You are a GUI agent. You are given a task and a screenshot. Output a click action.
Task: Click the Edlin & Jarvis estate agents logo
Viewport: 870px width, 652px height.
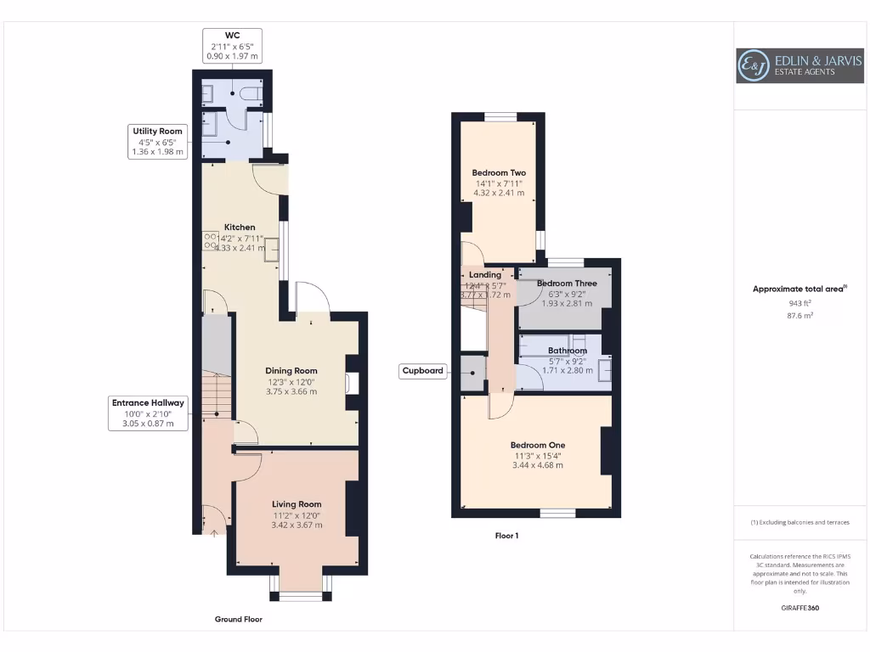pyautogui.click(x=799, y=65)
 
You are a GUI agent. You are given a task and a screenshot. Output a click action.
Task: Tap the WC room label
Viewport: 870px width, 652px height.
pyautogui.click(x=232, y=36)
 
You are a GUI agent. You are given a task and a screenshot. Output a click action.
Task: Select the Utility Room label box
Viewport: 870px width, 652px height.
pyautogui.click(x=157, y=132)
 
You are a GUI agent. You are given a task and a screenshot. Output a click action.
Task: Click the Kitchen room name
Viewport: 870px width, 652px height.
pyautogui.click(x=240, y=228)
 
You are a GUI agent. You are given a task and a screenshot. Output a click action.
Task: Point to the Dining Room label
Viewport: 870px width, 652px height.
pyautogui.click(x=291, y=371)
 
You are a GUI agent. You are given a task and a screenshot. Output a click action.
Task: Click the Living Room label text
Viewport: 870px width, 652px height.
pyautogui.click(x=297, y=504)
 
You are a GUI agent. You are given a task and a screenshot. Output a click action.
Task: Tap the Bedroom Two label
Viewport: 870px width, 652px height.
pyautogui.click(x=499, y=173)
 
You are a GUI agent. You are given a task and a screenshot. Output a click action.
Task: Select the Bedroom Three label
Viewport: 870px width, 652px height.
pyautogui.click(x=567, y=284)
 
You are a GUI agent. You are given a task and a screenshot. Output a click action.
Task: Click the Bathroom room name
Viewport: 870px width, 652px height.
pyautogui.click(x=567, y=351)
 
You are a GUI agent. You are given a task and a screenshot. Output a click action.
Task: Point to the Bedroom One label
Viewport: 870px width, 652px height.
pyautogui.click(x=537, y=445)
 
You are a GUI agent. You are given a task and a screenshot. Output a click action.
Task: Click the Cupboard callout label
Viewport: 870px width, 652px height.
pyautogui.click(x=423, y=371)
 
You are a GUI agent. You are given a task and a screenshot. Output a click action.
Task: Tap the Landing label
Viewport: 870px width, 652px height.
pyautogui.click(x=485, y=275)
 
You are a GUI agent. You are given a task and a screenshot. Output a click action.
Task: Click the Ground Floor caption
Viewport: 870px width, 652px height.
pyautogui.click(x=238, y=620)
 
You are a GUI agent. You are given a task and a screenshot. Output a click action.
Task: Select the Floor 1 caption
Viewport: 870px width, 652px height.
pyautogui.click(x=506, y=536)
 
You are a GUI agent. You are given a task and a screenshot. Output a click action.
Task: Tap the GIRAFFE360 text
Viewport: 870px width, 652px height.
pyautogui.click(x=799, y=608)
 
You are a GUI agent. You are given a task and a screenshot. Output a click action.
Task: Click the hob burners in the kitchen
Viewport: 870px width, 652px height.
pyautogui.click(x=210, y=241)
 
